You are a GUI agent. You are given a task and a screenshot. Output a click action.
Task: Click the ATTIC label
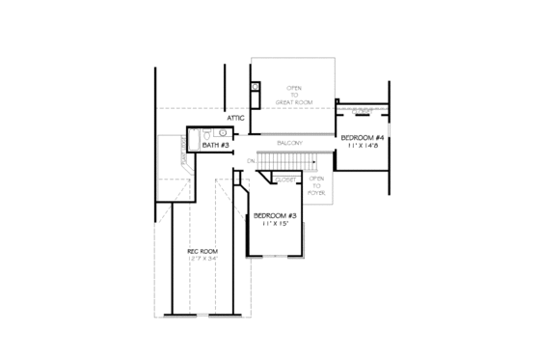[236, 118]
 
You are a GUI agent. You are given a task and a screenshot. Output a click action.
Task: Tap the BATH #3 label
[215, 145]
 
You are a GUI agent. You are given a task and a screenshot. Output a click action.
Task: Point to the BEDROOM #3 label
[274, 215]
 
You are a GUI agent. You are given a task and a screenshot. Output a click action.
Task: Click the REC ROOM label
[201, 252]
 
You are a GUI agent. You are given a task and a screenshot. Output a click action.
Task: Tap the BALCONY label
[290, 143]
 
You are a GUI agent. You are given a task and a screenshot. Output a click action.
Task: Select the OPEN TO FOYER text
[315, 185]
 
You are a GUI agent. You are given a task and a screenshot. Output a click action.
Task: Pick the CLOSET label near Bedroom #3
[285, 179]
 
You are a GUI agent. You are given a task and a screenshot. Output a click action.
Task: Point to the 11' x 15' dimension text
[274, 224]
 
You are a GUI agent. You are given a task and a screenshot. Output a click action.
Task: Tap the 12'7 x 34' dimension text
[201, 260]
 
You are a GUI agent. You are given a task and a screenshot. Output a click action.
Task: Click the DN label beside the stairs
[251, 159]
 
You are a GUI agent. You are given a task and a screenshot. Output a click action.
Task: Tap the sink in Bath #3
[221, 133]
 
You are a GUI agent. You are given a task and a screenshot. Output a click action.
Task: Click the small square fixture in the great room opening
[255, 87]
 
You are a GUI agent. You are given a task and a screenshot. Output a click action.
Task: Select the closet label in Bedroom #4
[362, 109]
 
